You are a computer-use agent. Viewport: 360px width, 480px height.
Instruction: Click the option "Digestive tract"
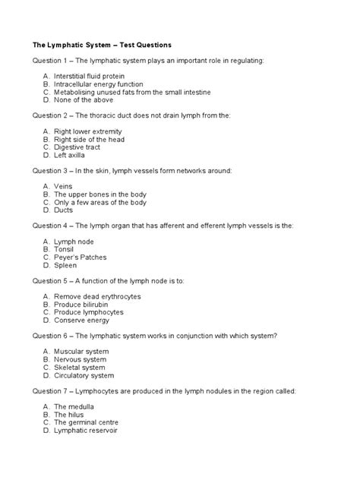click(x=81, y=147)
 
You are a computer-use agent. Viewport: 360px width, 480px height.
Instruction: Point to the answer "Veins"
click(x=65, y=187)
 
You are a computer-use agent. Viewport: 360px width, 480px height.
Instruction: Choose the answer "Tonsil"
click(x=66, y=249)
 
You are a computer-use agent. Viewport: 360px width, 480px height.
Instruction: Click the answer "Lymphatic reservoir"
click(x=90, y=431)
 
